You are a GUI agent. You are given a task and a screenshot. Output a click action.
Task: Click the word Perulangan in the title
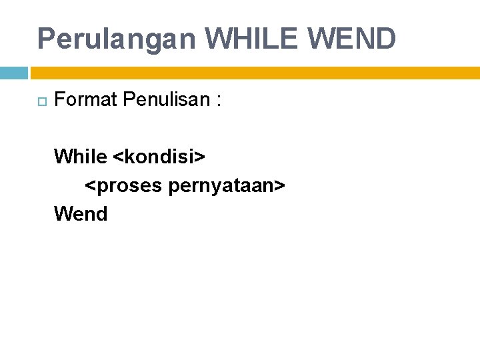117,39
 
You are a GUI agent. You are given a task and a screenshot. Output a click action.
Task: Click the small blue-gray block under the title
13,73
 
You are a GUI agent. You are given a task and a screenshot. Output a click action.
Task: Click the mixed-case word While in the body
80,157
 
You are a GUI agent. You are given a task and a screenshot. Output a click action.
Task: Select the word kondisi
159,157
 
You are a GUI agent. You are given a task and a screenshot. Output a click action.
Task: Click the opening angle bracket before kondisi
118,158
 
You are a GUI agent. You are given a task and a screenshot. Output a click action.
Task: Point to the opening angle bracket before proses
89,187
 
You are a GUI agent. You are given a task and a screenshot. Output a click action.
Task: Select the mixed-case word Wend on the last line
81,214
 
